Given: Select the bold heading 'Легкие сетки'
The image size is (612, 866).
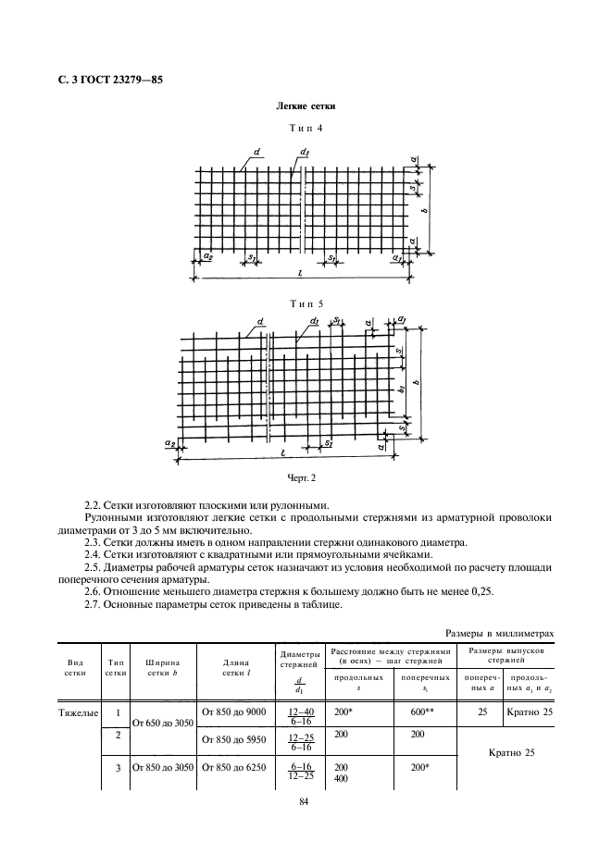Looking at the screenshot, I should coord(306,107).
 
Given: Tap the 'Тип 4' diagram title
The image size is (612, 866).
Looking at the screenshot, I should coord(306,129).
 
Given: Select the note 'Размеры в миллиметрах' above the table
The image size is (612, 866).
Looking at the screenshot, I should coord(499,634).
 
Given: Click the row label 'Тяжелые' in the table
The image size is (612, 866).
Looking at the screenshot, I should coord(76,711).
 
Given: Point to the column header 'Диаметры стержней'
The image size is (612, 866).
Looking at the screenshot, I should coord(299,660).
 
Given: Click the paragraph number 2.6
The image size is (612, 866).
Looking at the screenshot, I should coord(93,589).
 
